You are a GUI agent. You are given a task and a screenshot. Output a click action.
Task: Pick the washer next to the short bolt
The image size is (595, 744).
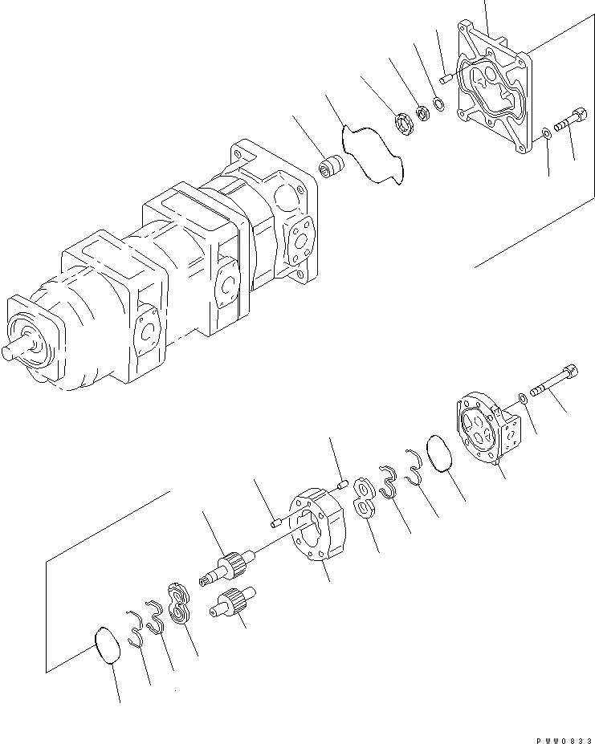[x=546, y=133]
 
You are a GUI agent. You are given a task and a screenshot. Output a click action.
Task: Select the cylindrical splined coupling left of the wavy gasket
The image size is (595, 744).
[x=330, y=170]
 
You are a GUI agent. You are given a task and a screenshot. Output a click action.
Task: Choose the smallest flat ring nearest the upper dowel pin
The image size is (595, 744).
[x=438, y=103]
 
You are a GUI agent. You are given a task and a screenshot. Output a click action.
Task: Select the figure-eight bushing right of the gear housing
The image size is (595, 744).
[x=362, y=499]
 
